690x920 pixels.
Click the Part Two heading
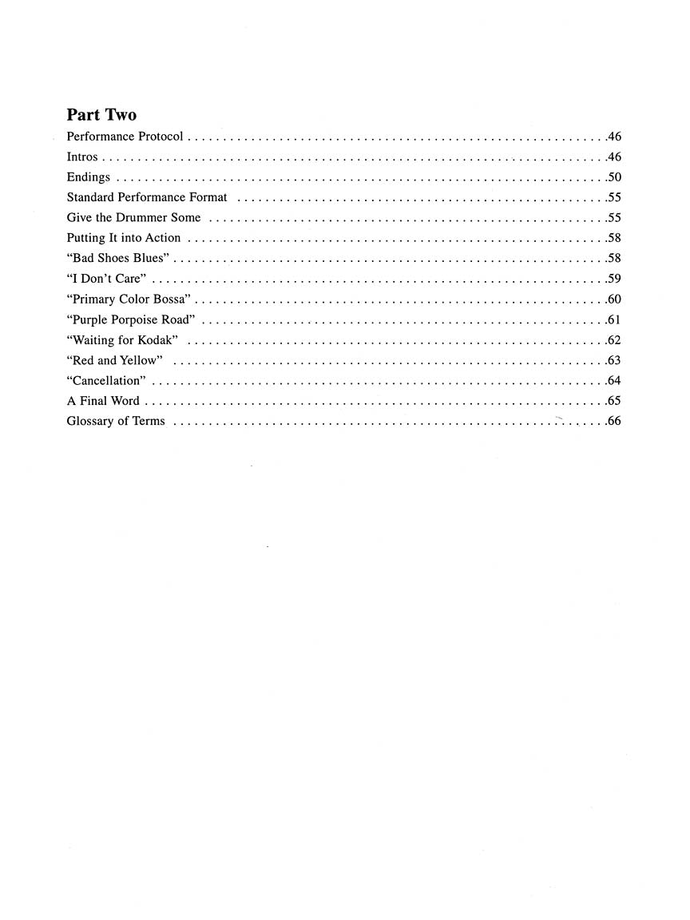(x=101, y=115)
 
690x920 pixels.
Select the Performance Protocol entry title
(x=125, y=137)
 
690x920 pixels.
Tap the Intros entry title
(x=82, y=157)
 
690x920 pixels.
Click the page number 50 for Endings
(x=614, y=177)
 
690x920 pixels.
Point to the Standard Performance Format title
(x=147, y=197)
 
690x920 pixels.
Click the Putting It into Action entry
(x=124, y=238)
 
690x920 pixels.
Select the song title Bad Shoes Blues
(x=120, y=258)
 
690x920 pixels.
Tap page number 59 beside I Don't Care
(x=614, y=279)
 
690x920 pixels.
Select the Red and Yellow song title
(x=115, y=360)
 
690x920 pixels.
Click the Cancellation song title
(x=106, y=381)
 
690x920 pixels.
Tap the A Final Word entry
(x=103, y=401)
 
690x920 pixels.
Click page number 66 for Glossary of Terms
(x=614, y=421)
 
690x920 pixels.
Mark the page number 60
(x=614, y=299)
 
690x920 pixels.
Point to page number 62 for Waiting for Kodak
(x=614, y=340)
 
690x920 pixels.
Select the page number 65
(x=614, y=401)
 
